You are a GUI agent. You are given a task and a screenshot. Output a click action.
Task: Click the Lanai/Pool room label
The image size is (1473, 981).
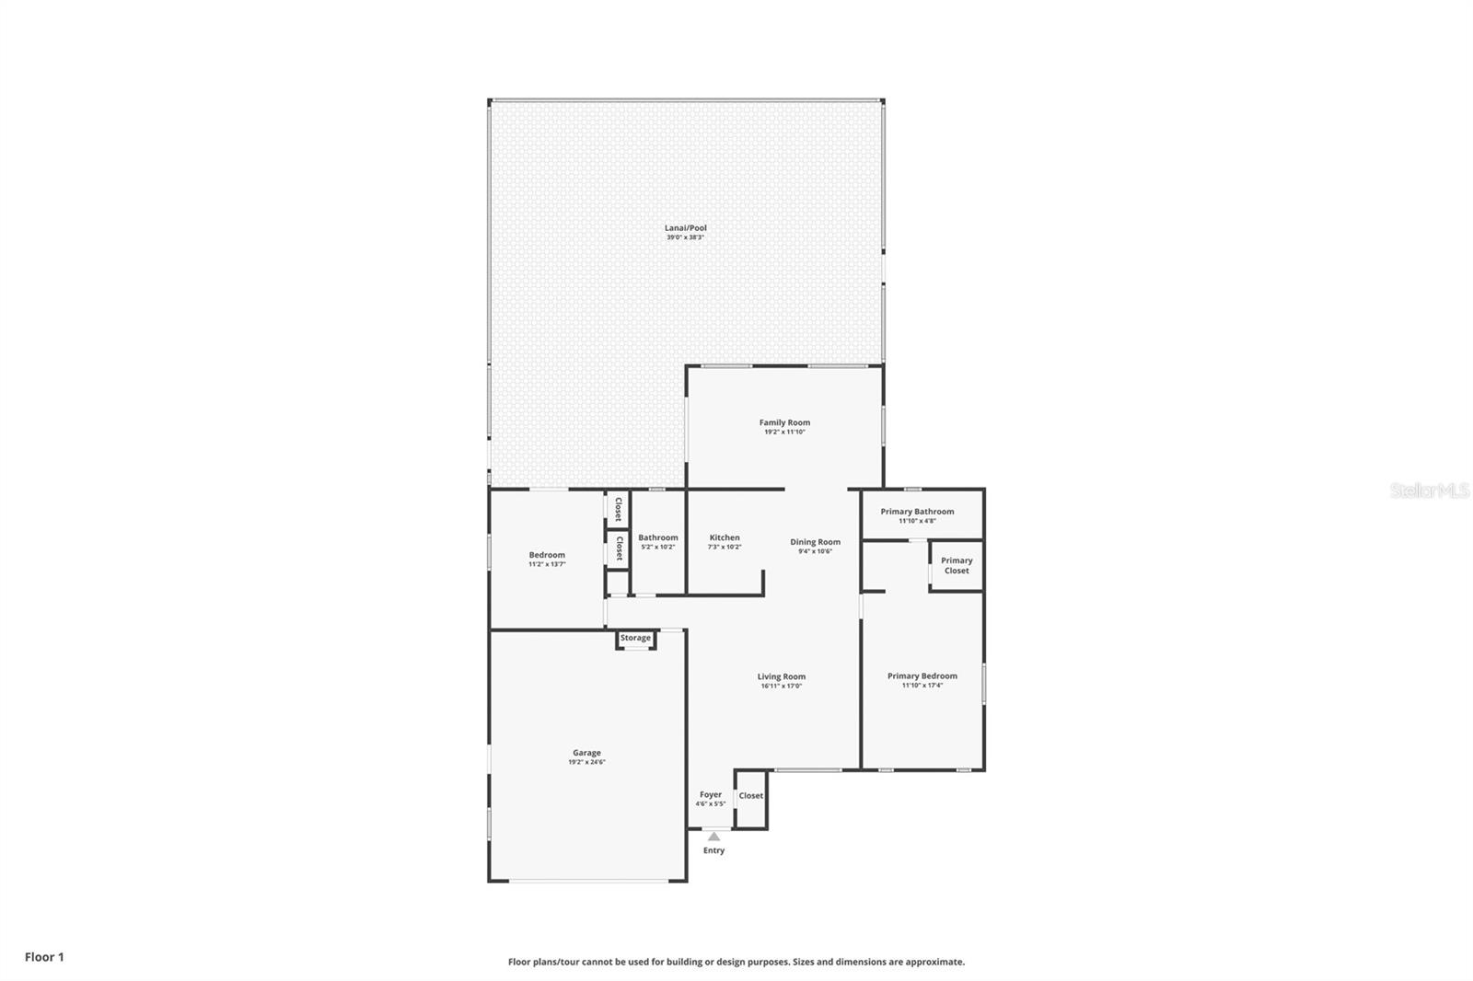tap(686, 228)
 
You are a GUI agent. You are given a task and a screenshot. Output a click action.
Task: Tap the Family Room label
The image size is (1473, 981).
tap(784, 422)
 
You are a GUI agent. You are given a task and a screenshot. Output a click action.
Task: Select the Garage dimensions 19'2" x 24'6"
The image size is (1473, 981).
tap(586, 762)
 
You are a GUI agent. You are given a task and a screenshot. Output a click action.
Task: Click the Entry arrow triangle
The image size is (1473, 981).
tap(713, 837)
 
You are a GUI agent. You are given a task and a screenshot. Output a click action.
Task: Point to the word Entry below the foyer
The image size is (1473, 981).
tap(713, 850)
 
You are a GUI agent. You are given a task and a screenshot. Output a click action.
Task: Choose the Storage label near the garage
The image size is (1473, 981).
tap(635, 638)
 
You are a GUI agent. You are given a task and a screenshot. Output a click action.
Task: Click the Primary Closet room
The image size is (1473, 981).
tap(957, 565)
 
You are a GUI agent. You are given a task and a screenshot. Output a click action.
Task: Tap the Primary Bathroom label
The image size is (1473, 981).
tap(917, 512)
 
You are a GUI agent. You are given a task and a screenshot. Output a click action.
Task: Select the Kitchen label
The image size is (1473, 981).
tap(725, 537)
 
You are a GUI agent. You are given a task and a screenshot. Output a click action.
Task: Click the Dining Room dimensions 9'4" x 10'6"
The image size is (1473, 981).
tap(815, 551)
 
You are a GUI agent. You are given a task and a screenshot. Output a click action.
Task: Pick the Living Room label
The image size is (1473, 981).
tap(782, 676)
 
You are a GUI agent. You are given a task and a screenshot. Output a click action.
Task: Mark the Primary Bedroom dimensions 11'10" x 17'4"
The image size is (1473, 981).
tap(922, 686)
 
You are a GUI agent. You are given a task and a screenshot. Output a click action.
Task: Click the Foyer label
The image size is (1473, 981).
tap(711, 794)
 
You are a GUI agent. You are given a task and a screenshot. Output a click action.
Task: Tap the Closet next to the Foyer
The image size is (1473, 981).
tap(750, 796)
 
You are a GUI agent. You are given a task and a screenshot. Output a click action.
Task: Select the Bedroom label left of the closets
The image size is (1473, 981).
tap(547, 555)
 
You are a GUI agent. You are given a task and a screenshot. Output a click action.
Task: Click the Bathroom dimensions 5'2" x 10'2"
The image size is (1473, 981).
tap(657, 547)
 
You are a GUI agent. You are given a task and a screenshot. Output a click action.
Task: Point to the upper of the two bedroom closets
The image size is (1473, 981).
tap(618, 509)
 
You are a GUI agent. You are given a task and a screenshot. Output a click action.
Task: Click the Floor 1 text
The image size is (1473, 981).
tap(44, 957)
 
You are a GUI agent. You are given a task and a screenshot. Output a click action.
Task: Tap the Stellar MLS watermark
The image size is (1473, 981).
tap(1429, 491)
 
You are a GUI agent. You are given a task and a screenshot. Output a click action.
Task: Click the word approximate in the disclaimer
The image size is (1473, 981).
tap(934, 962)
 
